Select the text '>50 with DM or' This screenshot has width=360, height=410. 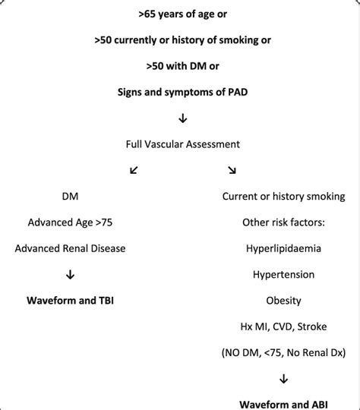[x=181, y=66]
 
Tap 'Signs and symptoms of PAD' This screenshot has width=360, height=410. [x=181, y=93]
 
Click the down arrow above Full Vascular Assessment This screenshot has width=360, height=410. [x=182, y=118]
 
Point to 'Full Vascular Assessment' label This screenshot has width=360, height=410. [x=181, y=143]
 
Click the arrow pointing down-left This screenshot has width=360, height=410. [x=134, y=170]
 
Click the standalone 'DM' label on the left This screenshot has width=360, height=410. [x=70, y=196]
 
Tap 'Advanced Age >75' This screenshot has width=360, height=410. [x=70, y=222]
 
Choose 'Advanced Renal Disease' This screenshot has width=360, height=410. [x=70, y=248]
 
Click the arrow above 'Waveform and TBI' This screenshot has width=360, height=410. [x=70, y=274]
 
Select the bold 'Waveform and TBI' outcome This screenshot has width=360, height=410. [x=70, y=300]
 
